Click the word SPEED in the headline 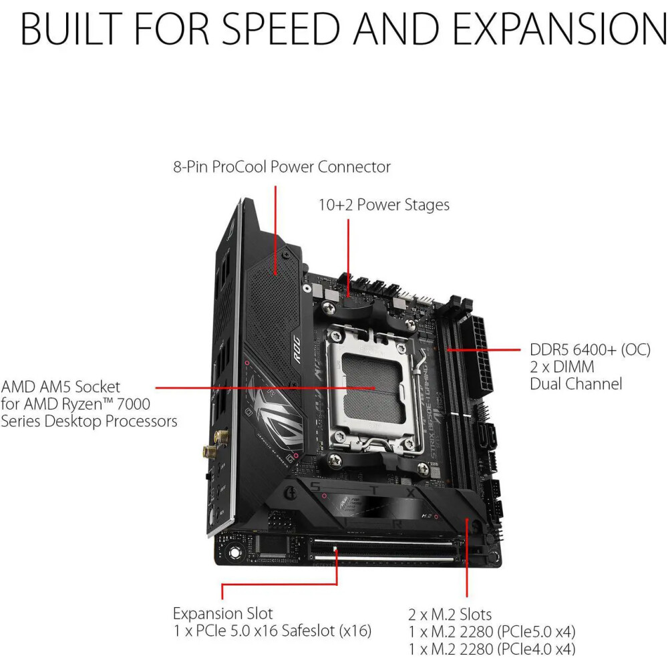click(281, 29)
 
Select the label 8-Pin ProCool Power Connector click(282, 166)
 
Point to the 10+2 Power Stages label click(384, 204)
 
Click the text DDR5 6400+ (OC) click(590, 350)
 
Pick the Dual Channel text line click(576, 384)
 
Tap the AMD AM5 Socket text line click(61, 387)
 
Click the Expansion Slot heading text click(222, 613)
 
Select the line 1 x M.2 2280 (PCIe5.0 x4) click(492, 632)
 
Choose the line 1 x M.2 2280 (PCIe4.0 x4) click(492, 649)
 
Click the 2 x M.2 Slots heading click(450, 615)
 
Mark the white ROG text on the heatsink click(297, 349)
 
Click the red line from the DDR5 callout click(484, 350)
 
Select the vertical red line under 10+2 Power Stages click(348, 257)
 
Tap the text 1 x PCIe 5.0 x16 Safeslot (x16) click(273, 631)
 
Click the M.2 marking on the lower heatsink click(426, 516)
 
